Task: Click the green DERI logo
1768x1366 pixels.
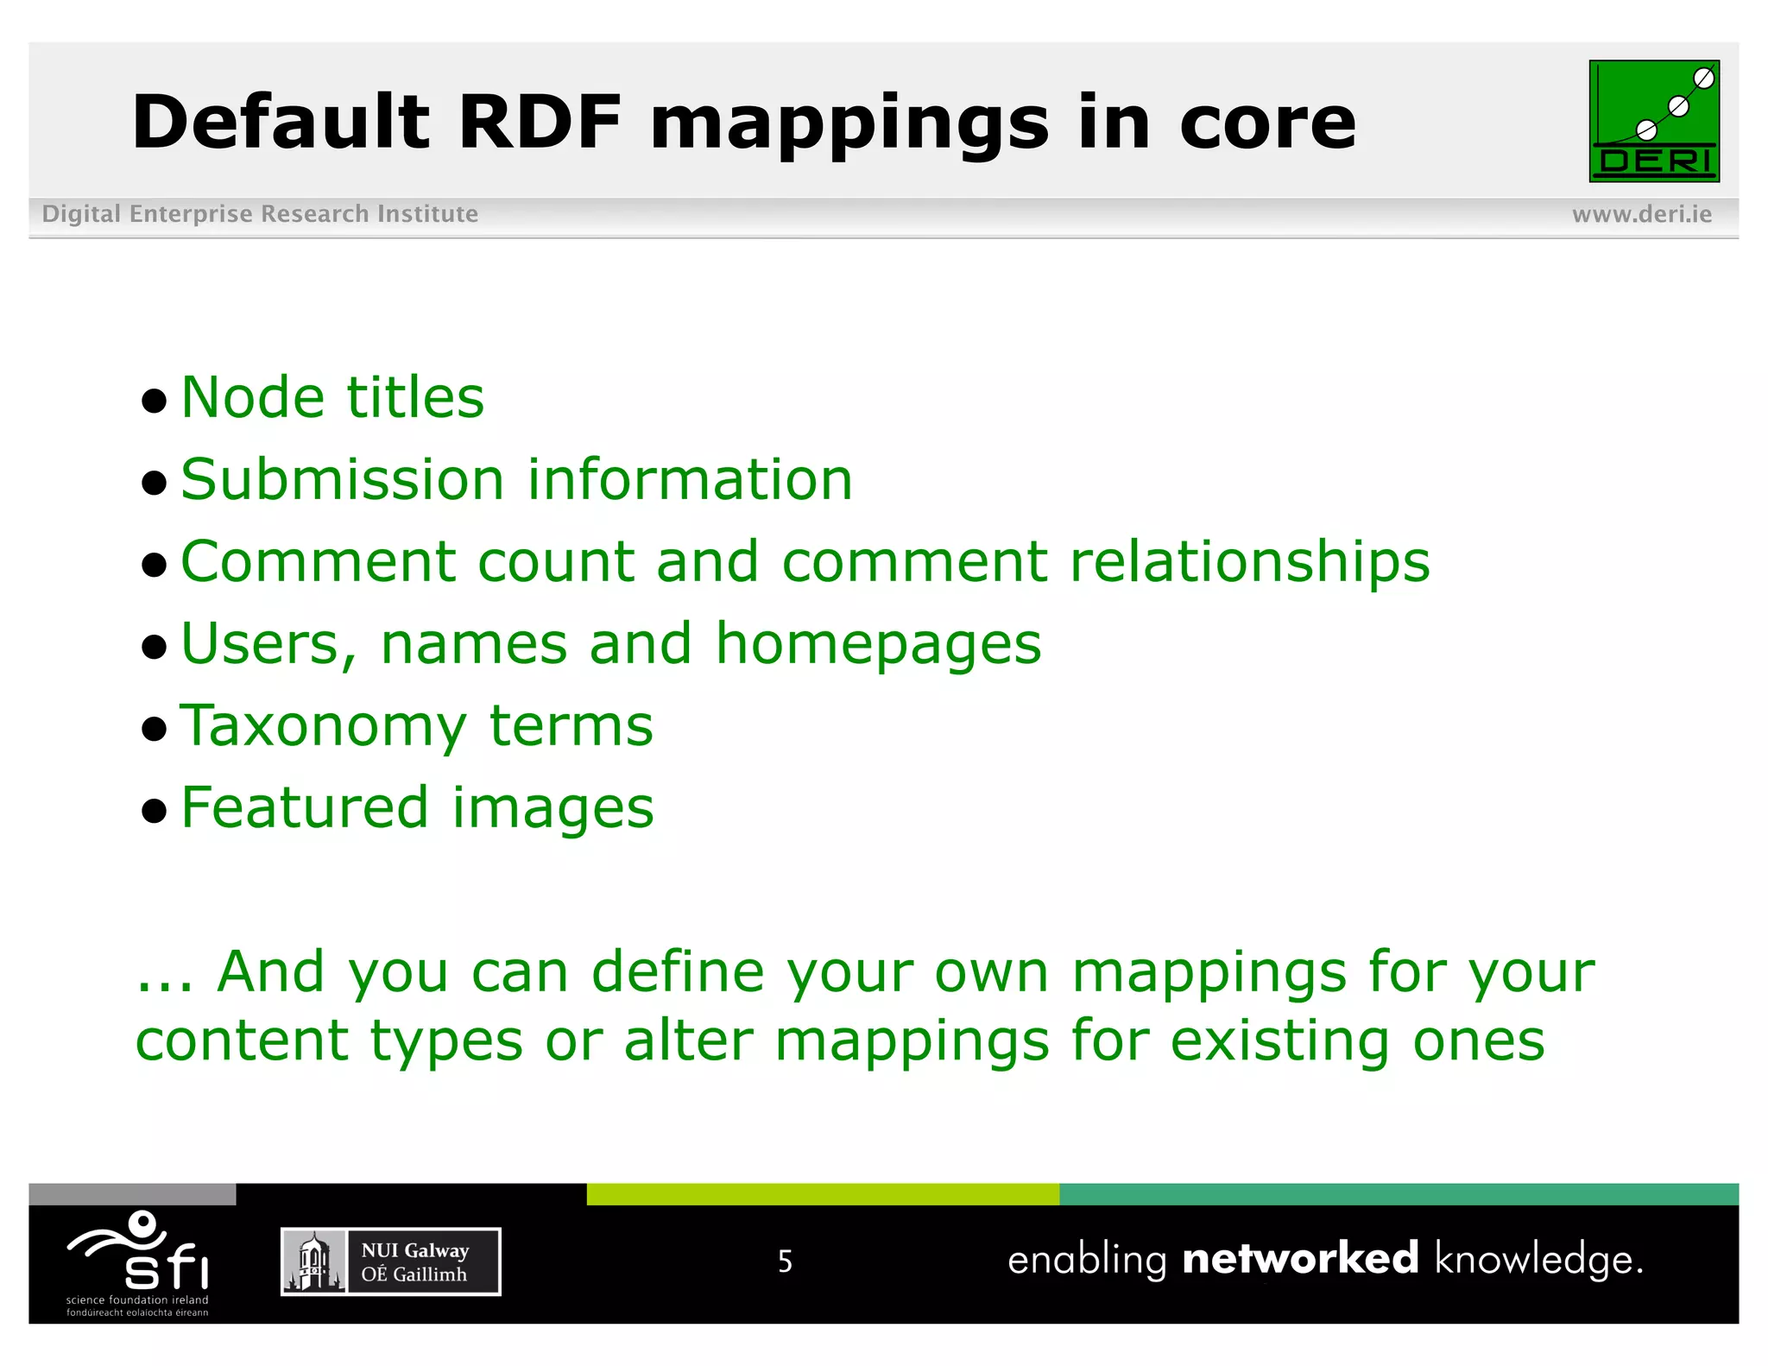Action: (x=1653, y=121)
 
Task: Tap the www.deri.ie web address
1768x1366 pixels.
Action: (x=1641, y=214)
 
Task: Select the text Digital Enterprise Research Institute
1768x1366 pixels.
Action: (x=260, y=214)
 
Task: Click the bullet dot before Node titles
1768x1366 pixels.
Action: (x=154, y=401)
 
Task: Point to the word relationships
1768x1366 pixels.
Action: (x=1249, y=562)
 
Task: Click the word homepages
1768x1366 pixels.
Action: (x=878, y=645)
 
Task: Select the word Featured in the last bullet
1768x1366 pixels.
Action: (x=305, y=808)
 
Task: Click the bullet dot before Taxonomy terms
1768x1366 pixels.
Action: (x=154, y=730)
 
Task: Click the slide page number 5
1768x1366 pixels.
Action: (x=785, y=1262)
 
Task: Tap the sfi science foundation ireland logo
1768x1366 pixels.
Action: (x=138, y=1262)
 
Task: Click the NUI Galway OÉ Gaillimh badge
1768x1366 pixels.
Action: (x=390, y=1262)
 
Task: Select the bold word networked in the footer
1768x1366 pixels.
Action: (x=1299, y=1259)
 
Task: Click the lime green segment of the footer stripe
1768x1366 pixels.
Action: (x=822, y=1194)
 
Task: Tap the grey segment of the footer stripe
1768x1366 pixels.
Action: (x=132, y=1194)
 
